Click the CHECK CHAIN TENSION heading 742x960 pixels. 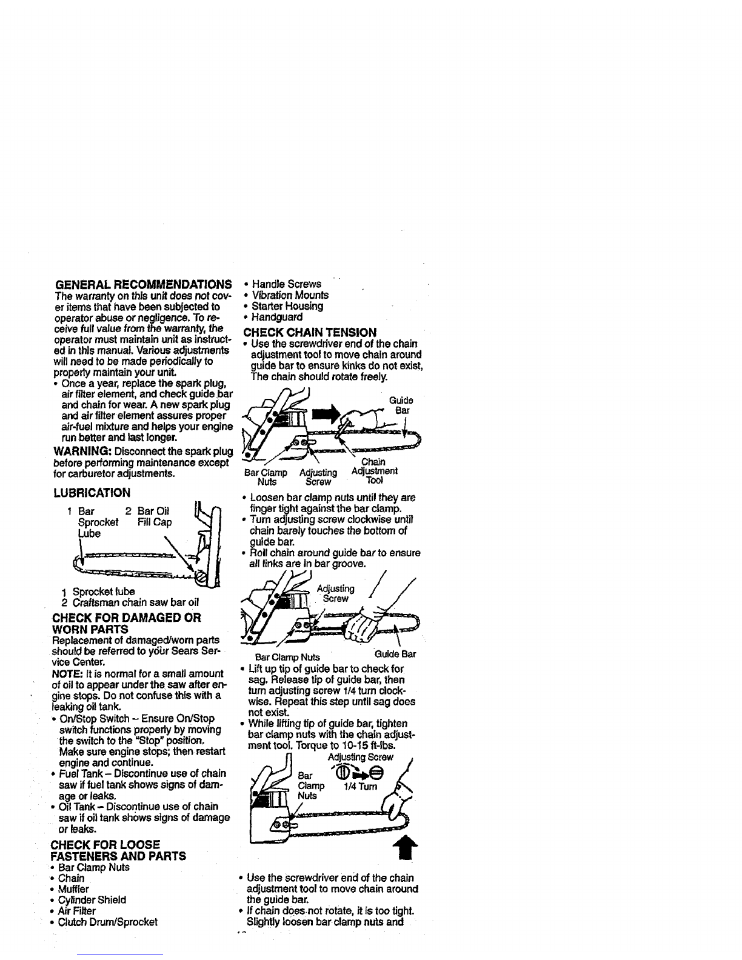(x=310, y=332)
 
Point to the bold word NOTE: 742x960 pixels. (x=69, y=674)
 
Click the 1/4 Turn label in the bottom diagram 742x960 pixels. (x=360, y=787)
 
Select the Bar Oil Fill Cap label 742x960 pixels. (x=154, y=516)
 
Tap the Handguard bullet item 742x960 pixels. (x=276, y=317)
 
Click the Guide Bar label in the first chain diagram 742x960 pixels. (x=401, y=405)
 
